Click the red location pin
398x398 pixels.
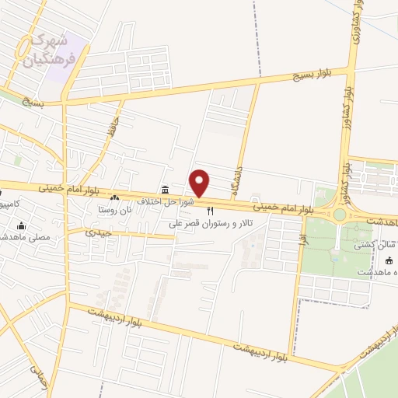point(200,183)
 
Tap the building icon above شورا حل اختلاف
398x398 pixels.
point(164,190)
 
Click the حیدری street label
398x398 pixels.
point(99,232)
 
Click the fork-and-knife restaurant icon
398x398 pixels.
point(209,211)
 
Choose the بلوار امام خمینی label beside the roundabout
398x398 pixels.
point(284,208)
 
